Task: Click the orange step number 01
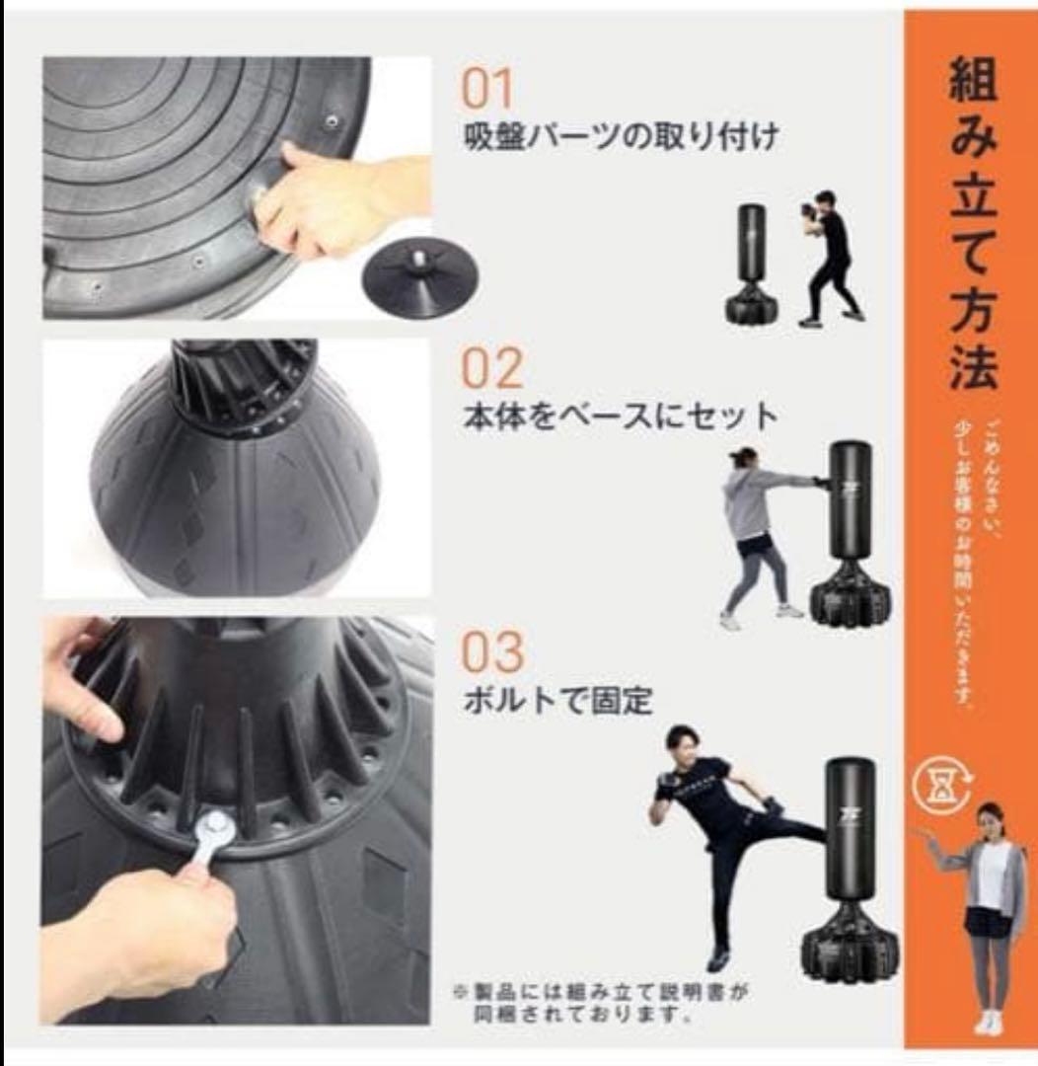(x=488, y=89)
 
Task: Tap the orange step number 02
(x=492, y=369)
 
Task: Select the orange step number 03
(x=493, y=651)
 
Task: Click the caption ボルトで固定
(x=557, y=701)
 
